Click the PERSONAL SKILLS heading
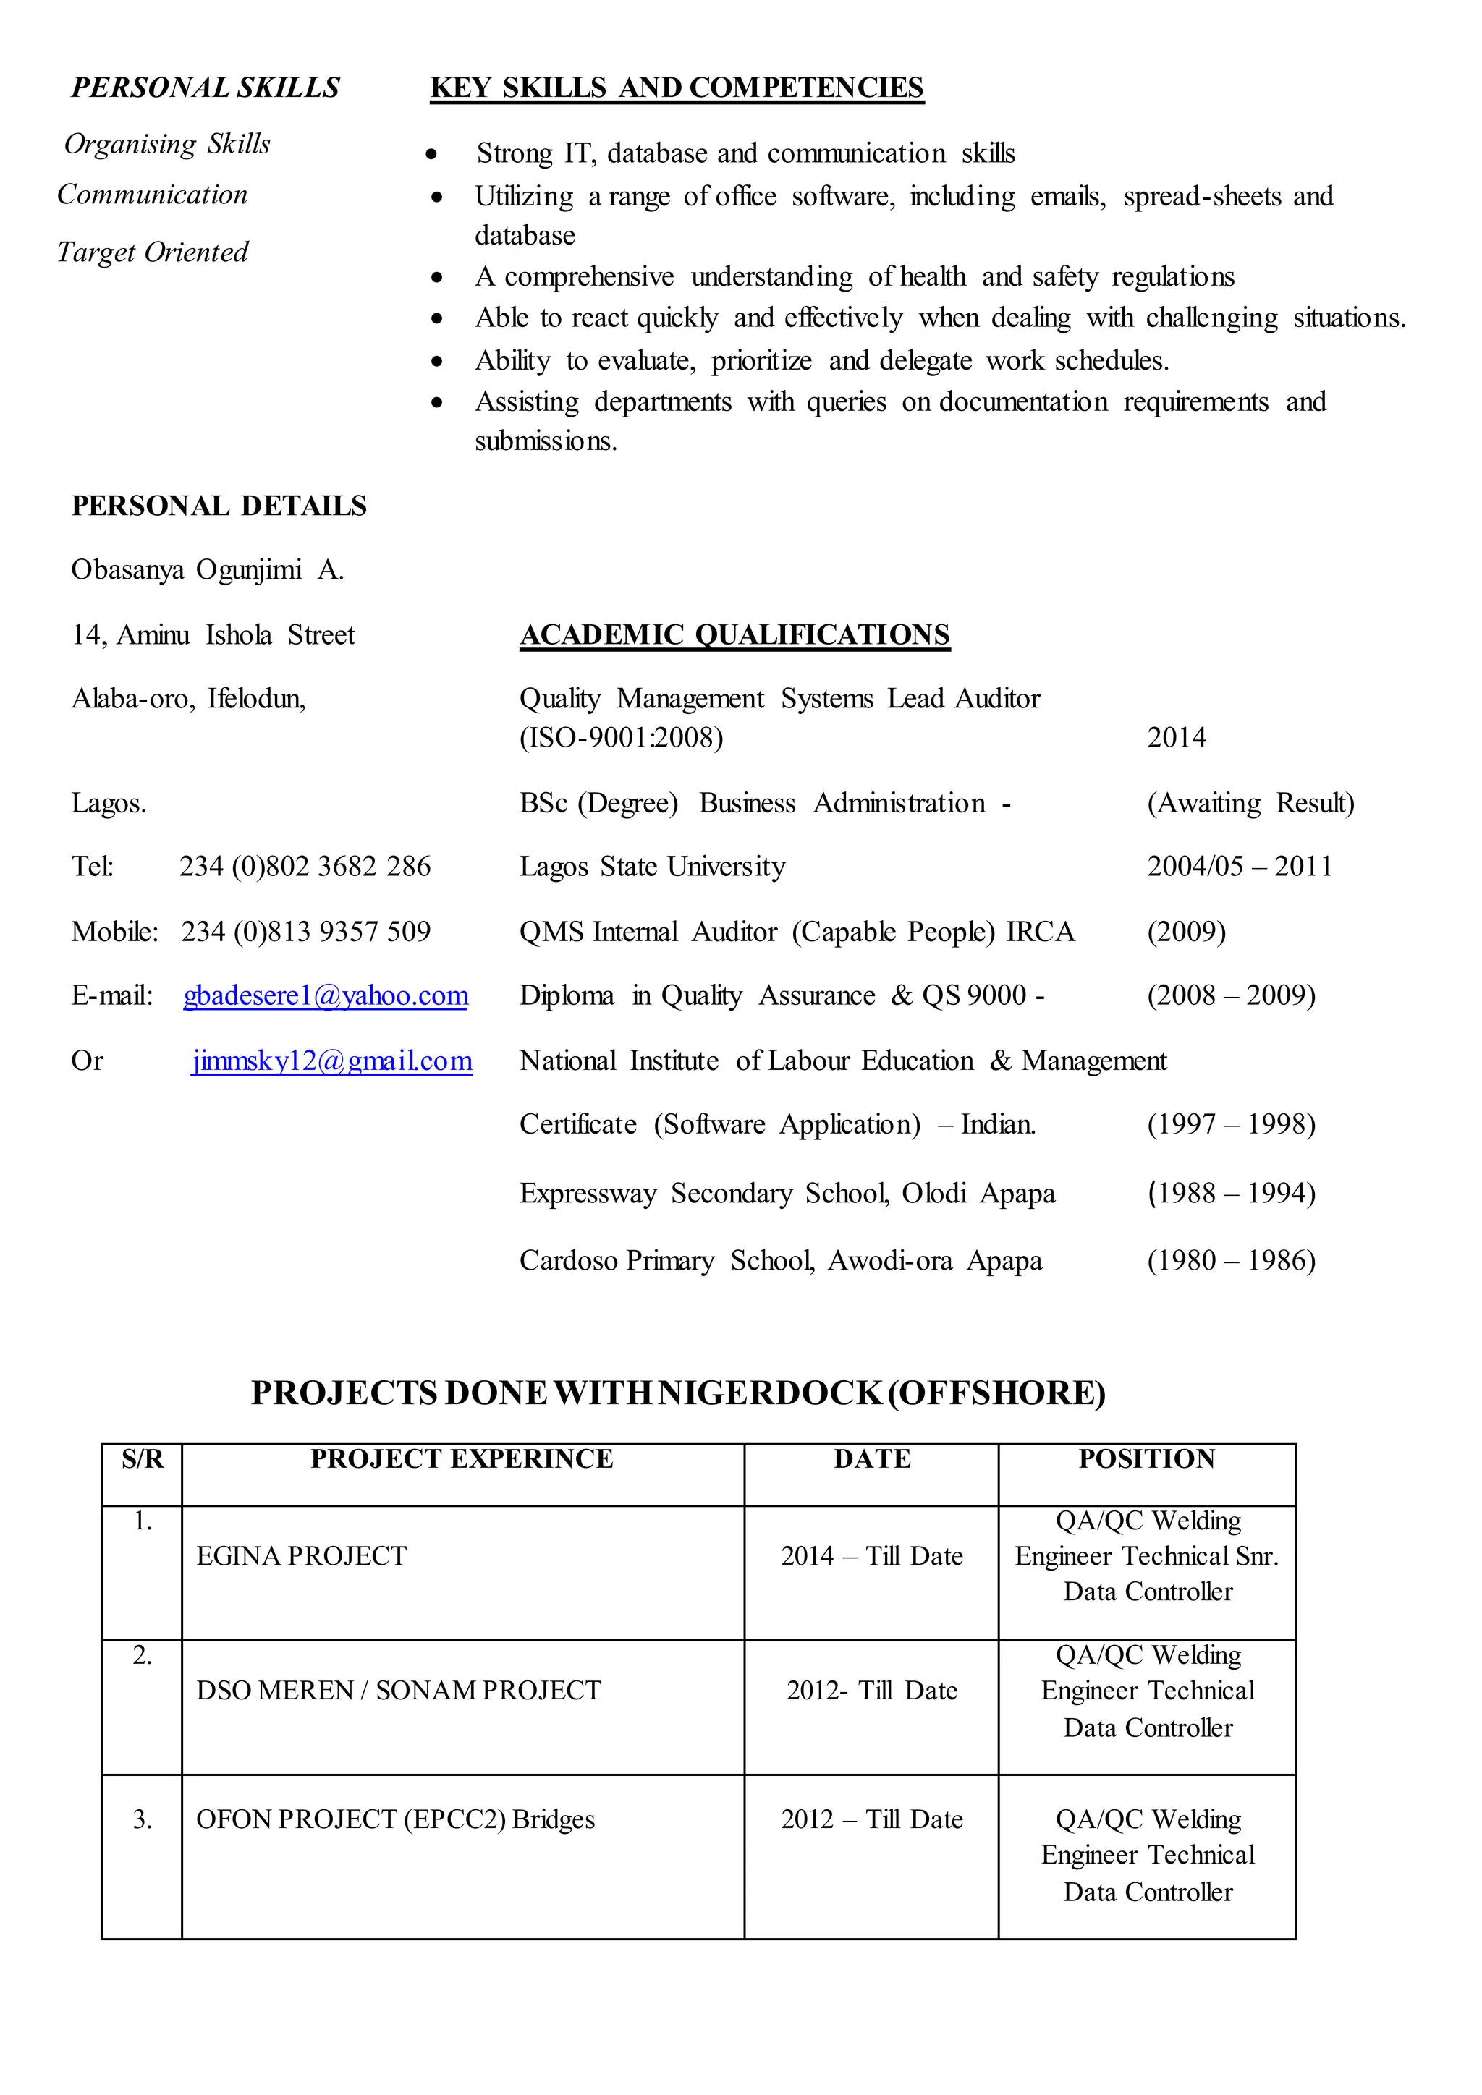(206, 88)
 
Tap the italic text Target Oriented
(153, 252)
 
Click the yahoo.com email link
(326, 995)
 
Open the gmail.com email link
(331, 1061)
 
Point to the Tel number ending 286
(305, 866)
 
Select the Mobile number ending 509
(305, 932)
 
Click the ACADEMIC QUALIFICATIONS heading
(734, 635)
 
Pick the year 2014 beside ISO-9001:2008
(1177, 737)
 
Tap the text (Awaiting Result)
(1250, 803)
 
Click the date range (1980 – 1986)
(1231, 1260)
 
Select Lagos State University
(653, 866)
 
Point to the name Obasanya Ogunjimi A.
(207, 570)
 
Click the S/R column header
(143, 1459)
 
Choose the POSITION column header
(1146, 1459)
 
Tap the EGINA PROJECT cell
(301, 1556)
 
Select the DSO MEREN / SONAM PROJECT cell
(399, 1691)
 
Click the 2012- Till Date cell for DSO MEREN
(871, 1691)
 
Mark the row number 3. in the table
(143, 1819)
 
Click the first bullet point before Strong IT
(431, 155)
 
